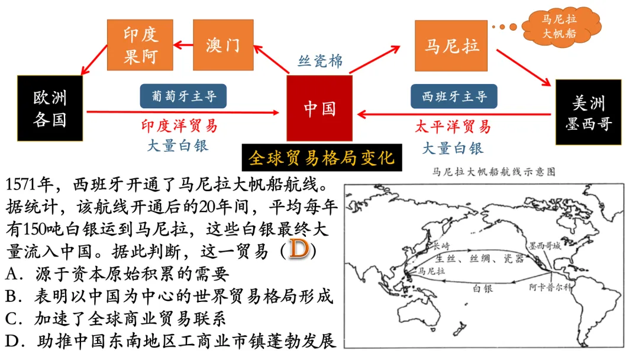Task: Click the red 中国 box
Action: (319, 108)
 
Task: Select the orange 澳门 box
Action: (223, 45)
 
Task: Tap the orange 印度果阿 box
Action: (141, 45)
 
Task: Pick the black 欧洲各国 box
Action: (50, 109)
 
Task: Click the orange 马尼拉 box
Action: (451, 46)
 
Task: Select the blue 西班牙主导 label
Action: (454, 96)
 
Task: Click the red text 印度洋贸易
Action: (179, 126)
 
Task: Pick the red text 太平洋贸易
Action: (453, 126)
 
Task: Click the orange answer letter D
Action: (299, 249)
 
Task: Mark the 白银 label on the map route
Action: (484, 287)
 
